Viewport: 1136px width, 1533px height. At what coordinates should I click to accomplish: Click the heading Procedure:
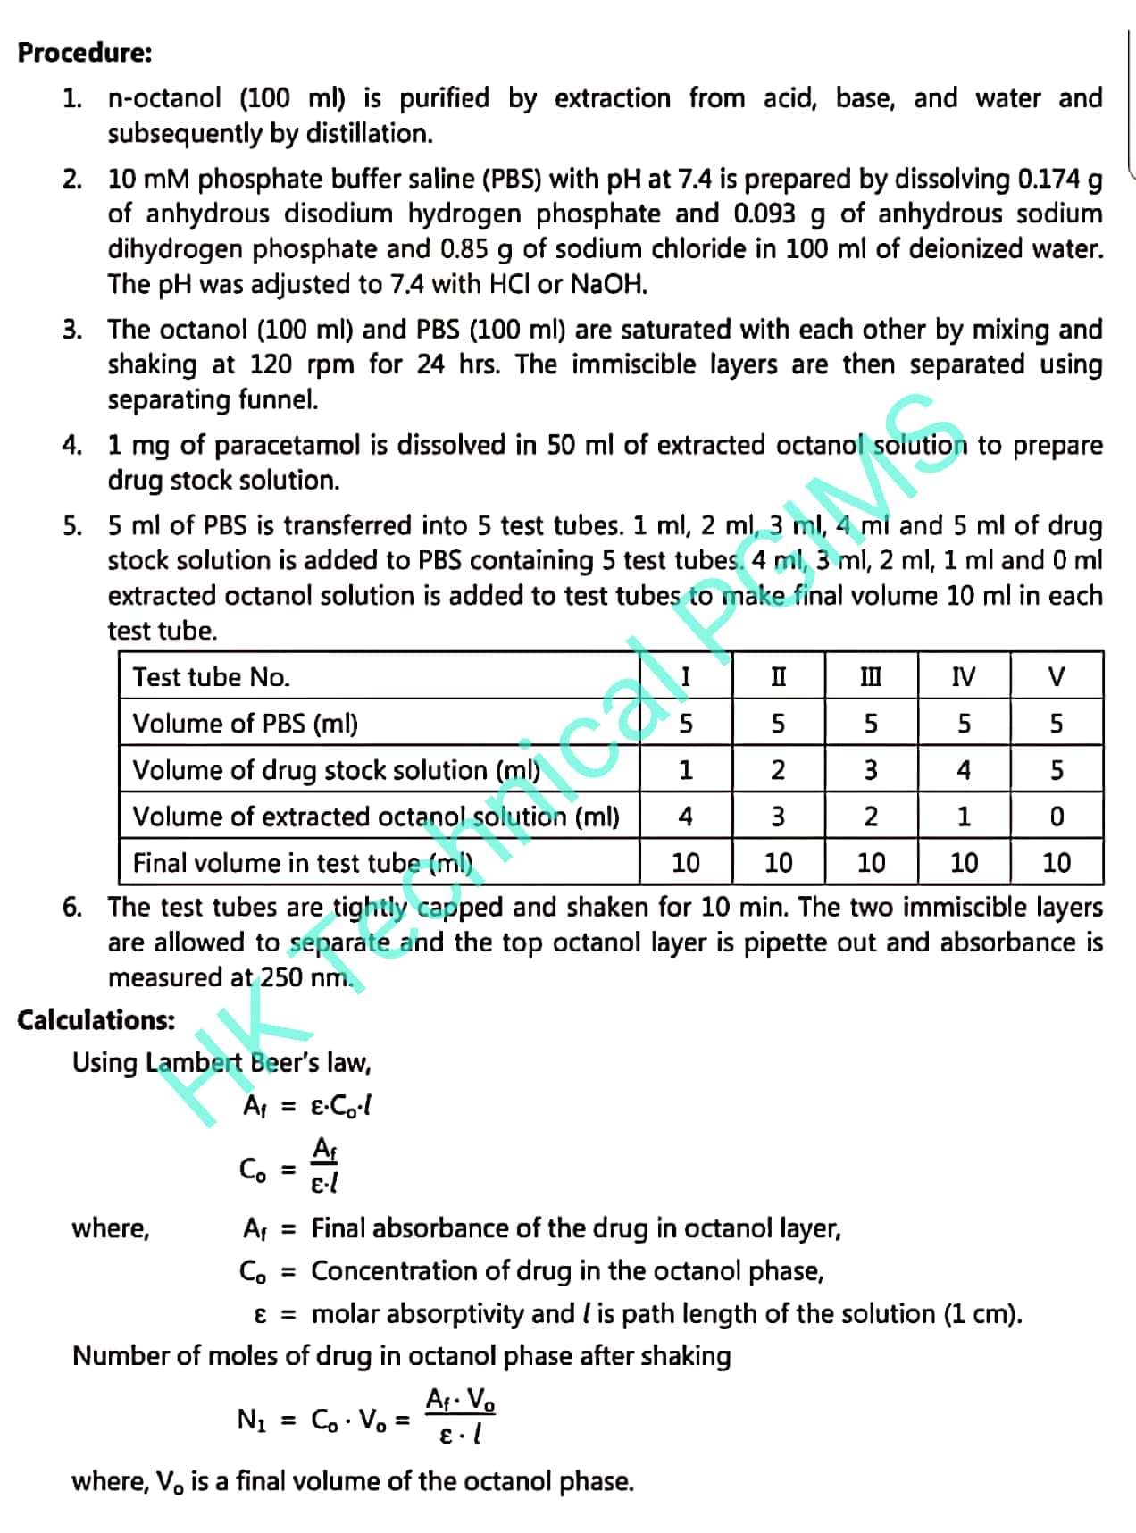[x=85, y=53]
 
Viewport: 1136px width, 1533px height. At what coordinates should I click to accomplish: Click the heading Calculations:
[x=96, y=1019]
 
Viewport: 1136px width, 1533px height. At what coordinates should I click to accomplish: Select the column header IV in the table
[x=964, y=676]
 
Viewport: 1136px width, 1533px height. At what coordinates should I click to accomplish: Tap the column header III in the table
[x=870, y=676]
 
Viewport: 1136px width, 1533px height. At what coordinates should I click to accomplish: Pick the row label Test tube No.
[x=212, y=676]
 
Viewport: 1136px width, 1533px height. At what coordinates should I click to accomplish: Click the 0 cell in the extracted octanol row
[x=1057, y=817]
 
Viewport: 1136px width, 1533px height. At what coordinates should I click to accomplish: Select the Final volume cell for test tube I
[x=685, y=863]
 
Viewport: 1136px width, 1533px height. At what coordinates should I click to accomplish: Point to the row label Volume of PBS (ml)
[x=245, y=723]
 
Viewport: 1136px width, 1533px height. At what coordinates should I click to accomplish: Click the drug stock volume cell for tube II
[x=778, y=770]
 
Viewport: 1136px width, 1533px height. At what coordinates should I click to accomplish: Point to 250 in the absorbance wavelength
[x=281, y=977]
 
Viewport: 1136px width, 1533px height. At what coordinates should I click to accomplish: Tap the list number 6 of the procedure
[x=71, y=908]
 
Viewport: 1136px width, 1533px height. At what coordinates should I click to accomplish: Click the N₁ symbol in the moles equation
[x=252, y=1419]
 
